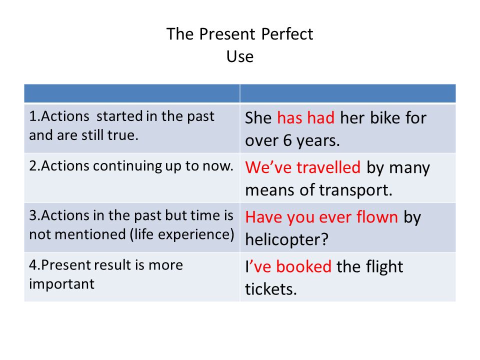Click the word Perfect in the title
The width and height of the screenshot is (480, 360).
[287, 33]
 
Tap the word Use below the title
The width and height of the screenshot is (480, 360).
[240, 56]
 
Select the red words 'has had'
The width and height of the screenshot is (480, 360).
[305, 118]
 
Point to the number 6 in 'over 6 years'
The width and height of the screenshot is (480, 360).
[287, 140]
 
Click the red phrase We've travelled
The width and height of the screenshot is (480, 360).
[303, 167]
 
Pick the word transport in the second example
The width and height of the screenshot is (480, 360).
[355, 190]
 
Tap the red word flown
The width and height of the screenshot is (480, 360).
[377, 217]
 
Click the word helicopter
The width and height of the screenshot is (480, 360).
[286, 239]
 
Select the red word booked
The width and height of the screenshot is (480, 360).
[303, 266]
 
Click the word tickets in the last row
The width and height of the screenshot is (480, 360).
[271, 289]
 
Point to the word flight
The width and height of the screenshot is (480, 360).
[385, 267]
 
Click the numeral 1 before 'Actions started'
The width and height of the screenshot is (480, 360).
[32, 116]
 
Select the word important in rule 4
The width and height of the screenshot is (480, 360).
[62, 284]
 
